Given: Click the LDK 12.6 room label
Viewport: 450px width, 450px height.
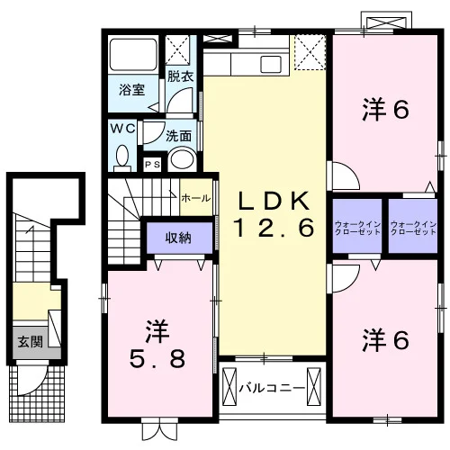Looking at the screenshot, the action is pos(274,213).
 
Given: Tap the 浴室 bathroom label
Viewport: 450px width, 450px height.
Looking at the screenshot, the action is pos(132,90).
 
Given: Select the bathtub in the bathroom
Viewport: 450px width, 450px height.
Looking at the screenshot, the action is pos(133,55).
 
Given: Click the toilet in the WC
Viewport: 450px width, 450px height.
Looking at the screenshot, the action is pos(122,157).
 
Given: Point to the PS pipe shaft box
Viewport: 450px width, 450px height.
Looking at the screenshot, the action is pos(153,165).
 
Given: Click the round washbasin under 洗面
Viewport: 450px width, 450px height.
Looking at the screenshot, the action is pos(183,159).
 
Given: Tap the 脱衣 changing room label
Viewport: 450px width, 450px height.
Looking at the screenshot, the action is pos(180,76).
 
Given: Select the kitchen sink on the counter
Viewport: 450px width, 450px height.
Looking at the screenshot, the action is pos(271,64).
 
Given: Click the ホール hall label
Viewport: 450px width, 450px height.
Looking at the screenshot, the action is pos(196,198).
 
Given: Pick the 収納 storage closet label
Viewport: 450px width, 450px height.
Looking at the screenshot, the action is pos(178,238).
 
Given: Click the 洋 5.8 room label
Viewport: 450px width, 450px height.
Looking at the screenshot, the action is pos(157,344).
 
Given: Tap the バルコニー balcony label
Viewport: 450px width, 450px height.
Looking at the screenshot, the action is pos(272,388).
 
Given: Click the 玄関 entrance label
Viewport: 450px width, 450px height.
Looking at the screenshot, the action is pos(30,342).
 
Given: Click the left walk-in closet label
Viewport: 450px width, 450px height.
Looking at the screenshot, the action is pos(357,228).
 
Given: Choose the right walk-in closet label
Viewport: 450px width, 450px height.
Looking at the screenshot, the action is pos(413,228).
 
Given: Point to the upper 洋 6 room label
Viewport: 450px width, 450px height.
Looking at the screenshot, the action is pos(386,110).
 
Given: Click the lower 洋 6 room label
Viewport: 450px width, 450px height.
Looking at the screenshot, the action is pos(386,340).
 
